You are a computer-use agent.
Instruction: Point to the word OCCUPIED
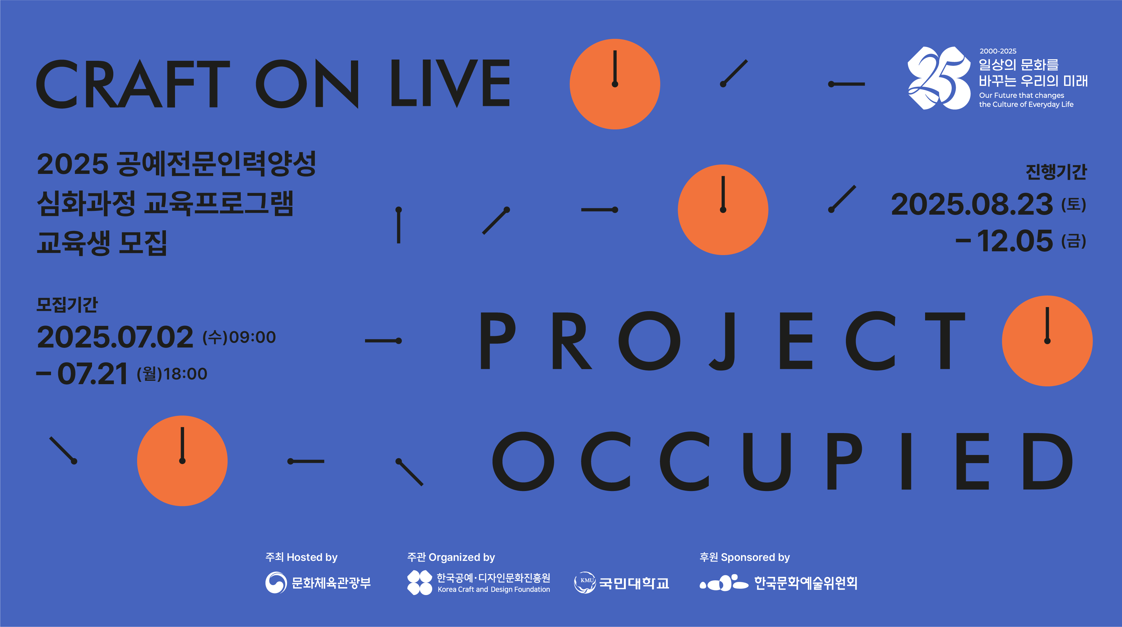point(782,461)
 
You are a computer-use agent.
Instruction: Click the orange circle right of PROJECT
point(1047,341)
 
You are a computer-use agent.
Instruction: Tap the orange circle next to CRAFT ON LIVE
point(615,84)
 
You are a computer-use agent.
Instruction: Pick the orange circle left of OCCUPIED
point(183,461)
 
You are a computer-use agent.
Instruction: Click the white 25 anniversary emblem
point(939,78)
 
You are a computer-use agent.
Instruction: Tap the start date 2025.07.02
point(115,337)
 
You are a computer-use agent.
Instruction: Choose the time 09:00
point(253,337)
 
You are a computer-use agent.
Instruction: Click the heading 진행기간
point(1056,171)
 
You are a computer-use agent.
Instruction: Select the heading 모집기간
point(67,304)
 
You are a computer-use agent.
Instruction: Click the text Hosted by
point(312,557)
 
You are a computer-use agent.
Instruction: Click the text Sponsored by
point(755,557)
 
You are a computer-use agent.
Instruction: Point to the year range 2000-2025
point(998,51)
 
